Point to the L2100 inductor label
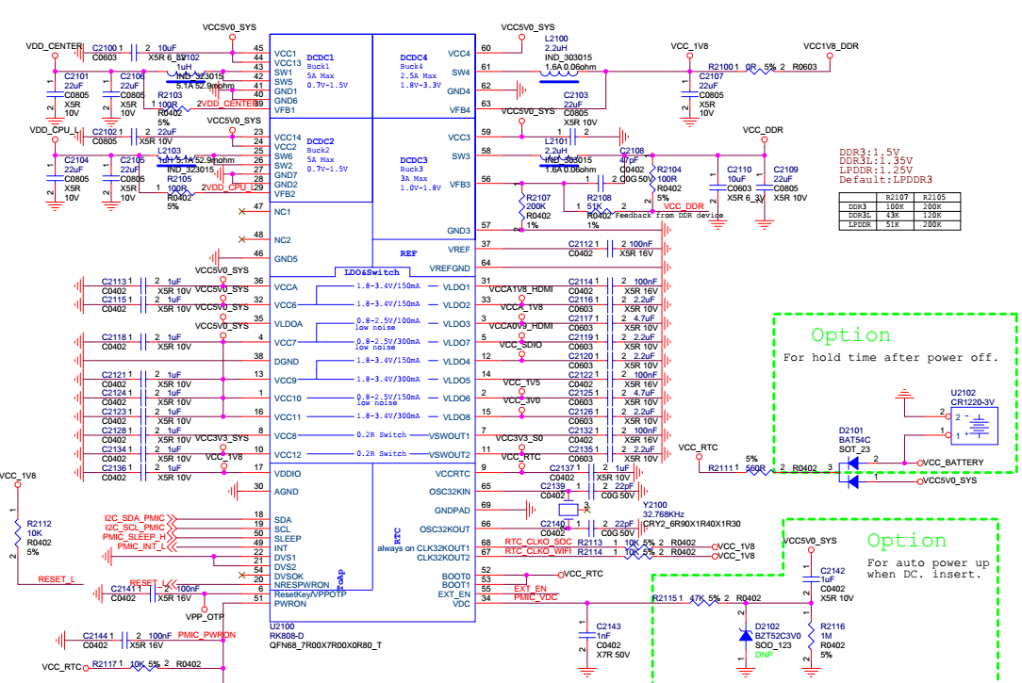pyautogui.click(x=555, y=38)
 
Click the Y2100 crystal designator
pyautogui.click(x=653, y=505)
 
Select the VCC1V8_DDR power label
pyautogui.click(x=831, y=45)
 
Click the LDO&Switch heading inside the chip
pyautogui.click(x=371, y=272)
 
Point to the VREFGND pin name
pyautogui.click(x=450, y=268)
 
